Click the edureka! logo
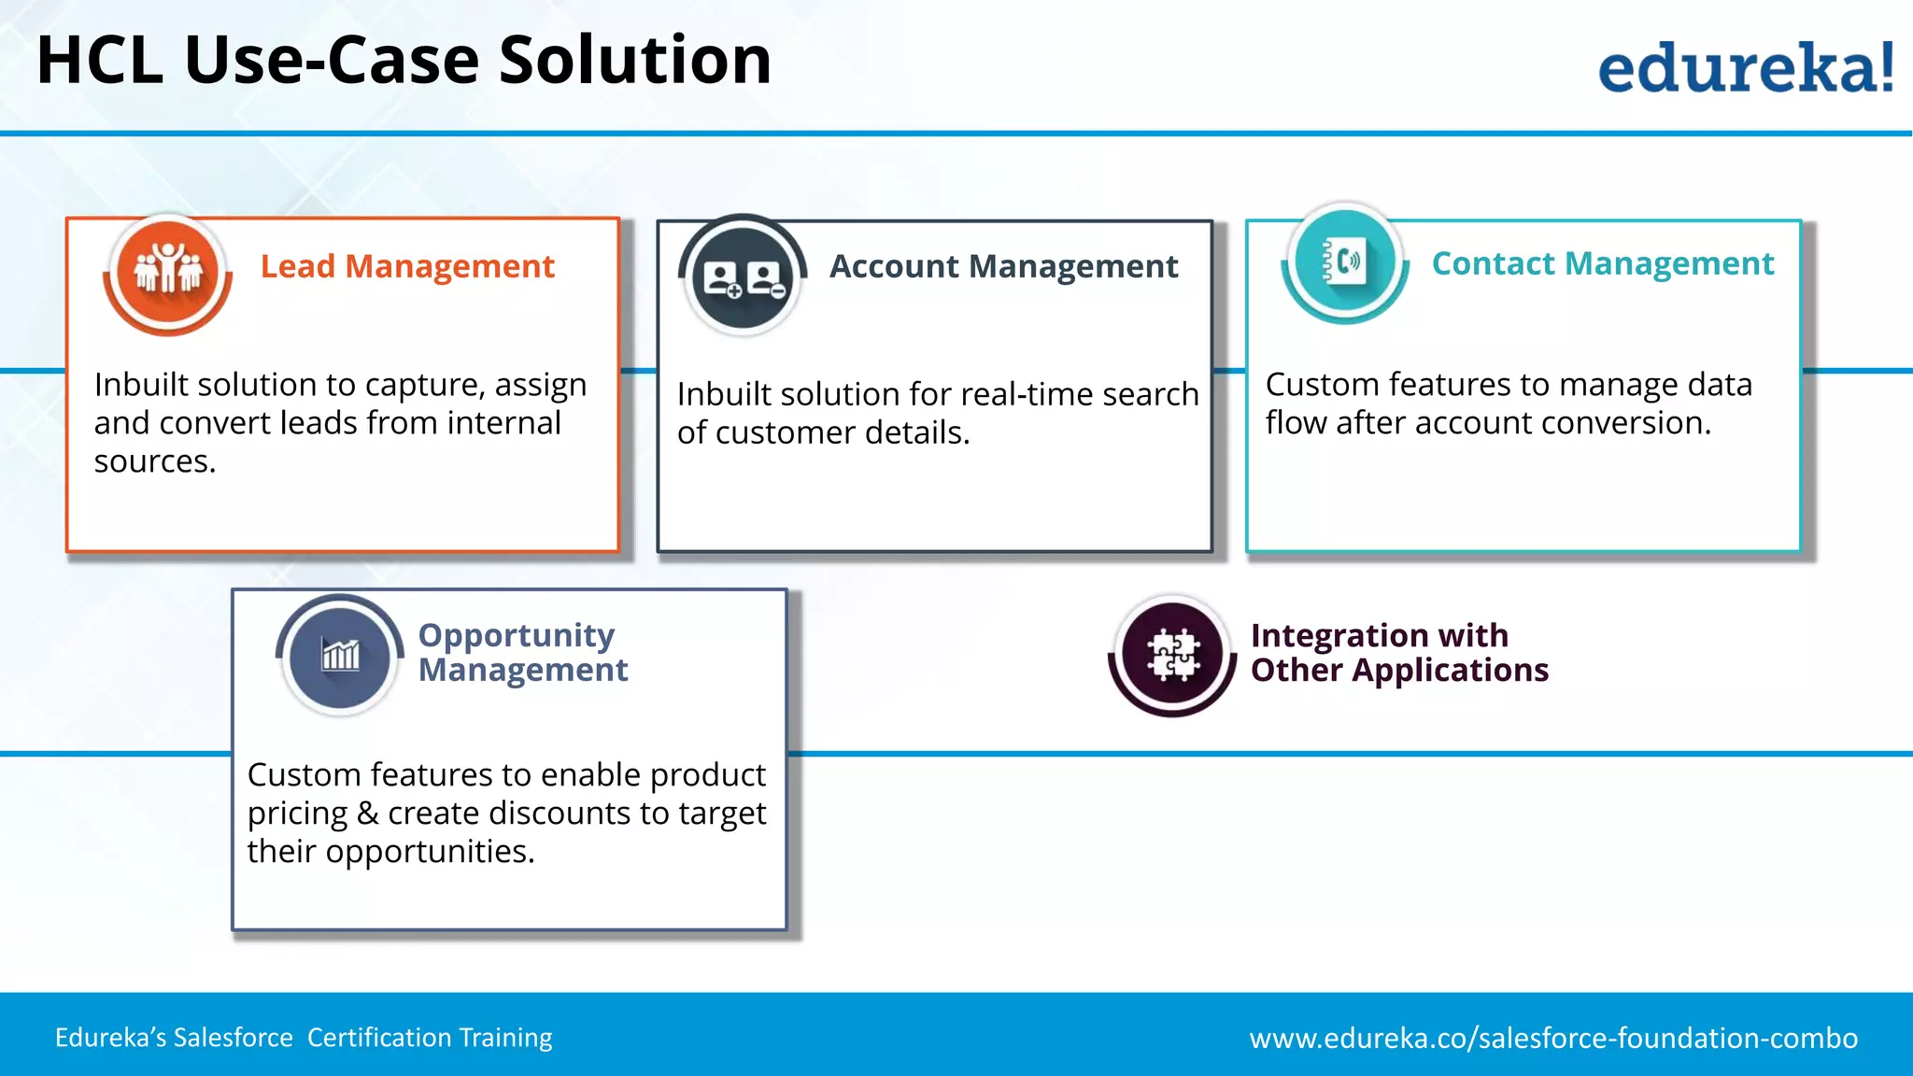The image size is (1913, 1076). pyautogui.click(x=1745, y=68)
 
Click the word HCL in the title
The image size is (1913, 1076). pyautogui.click(x=99, y=61)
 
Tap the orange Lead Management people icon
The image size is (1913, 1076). pyautogui.click(x=168, y=272)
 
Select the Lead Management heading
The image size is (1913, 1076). pyautogui.click(x=407, y=267)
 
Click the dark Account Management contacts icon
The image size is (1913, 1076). pyautogui.click(x=744, y=277)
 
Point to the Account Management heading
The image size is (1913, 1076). pyautogui.click(x=1003, y=267)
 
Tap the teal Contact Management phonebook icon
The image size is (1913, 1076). pyautogui.click(x=1345, y=262)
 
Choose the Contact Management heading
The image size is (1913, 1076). pyautogui.click(x=1602, y=264)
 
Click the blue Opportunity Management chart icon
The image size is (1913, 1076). pyautogui.click(x=340, y=655)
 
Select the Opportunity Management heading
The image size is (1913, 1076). pyautogui.click(x=522, y=652)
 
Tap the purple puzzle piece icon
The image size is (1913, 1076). pyautogui.click(x=1172, y=655)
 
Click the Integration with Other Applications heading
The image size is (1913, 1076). pyautogui.click(x=1398, y=653)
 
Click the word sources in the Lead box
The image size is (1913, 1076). pyautogui.click(x=154, y=462)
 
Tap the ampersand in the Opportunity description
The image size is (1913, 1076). pyautogui.click(x=367, y=814)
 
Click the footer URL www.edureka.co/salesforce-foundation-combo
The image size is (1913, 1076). pyautogui.click(x=1552, y=1039)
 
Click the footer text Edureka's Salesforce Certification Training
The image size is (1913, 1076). pyautogui.click(x=304, y=1038)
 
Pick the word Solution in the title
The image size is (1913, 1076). pyautogui.click(x=634, y=61)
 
